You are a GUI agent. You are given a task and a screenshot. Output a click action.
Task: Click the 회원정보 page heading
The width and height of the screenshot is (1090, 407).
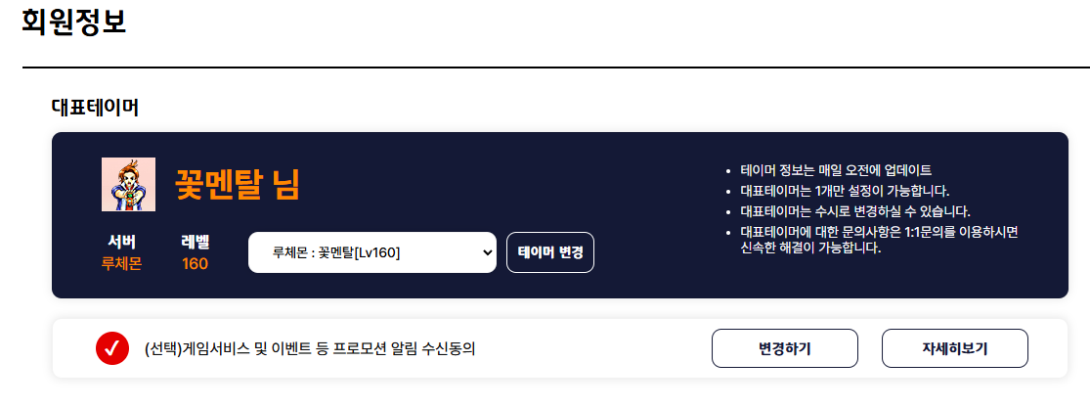[74, 22]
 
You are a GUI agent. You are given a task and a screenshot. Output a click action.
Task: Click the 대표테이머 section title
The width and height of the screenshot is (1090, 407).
[95, 108]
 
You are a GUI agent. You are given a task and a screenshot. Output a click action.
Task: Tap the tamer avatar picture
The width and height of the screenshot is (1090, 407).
[129, 184]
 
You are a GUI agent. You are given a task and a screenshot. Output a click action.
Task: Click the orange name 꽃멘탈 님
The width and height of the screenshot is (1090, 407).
[237, 185]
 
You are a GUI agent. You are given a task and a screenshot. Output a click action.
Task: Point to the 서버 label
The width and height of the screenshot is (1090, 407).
[121, 242]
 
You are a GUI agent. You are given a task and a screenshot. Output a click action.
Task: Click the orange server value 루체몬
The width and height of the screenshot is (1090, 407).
[121, 264]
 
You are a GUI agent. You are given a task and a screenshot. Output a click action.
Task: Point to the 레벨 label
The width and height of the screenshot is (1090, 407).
[195, 242]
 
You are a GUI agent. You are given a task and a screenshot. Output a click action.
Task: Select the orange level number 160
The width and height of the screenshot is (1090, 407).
[195, 264]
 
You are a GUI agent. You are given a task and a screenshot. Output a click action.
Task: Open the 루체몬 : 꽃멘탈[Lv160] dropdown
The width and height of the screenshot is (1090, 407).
[371, 252]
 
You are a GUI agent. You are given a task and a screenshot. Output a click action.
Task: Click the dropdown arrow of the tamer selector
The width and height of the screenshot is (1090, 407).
[487, 252]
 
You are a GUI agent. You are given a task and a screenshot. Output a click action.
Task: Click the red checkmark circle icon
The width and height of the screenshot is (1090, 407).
[112, 348]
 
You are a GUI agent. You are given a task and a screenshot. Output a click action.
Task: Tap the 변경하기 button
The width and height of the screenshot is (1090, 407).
[785, 348]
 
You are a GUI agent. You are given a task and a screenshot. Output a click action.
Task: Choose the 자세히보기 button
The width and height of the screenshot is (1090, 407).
[954, 348]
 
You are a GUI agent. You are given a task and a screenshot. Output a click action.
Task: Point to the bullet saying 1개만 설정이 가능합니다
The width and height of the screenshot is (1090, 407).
[845, 190]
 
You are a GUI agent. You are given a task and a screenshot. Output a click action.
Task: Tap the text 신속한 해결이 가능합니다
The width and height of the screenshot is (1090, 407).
[810, 248]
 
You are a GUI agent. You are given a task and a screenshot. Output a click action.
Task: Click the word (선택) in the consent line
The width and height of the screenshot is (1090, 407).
[163, 348]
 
